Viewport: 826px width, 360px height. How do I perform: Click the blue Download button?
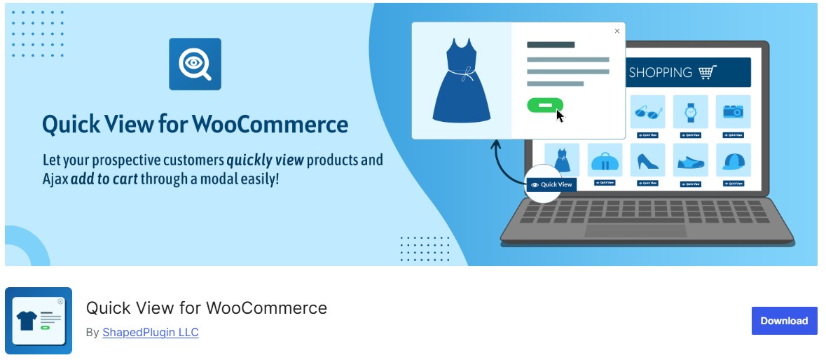[x=784, y=321]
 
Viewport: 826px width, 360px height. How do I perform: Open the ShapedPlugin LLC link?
[x=151, y=332]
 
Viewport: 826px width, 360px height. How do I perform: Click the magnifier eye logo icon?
[x=195, y=64]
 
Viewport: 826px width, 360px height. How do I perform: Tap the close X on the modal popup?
[x=617, y=31]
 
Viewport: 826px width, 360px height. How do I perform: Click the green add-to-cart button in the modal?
[x=545, y=105]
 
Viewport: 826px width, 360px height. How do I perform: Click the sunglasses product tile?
[x=647, y=112]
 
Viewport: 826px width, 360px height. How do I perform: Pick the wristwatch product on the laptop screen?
[x=690, y=112]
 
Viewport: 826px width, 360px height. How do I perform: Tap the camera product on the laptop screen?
[x=733, y=112]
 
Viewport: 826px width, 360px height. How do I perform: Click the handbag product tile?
[x=605, y=161]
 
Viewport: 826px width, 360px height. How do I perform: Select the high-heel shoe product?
[x=647, y=161]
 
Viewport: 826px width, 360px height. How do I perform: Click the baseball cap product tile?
[x=733, y=161]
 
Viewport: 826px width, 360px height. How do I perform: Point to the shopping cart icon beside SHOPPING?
[x=708, y=72]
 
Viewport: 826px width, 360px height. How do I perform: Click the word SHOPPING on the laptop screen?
[x=660, y=72]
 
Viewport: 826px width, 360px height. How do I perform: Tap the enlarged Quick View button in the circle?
[x=551, y=185]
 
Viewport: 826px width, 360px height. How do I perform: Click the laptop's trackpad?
[x=635, y=230]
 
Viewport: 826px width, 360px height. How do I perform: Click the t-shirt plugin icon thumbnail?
[x=39, y=321]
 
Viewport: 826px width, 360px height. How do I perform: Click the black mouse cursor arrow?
[x=560, y=114]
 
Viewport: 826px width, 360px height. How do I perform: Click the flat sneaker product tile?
[x=690, y=161]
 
